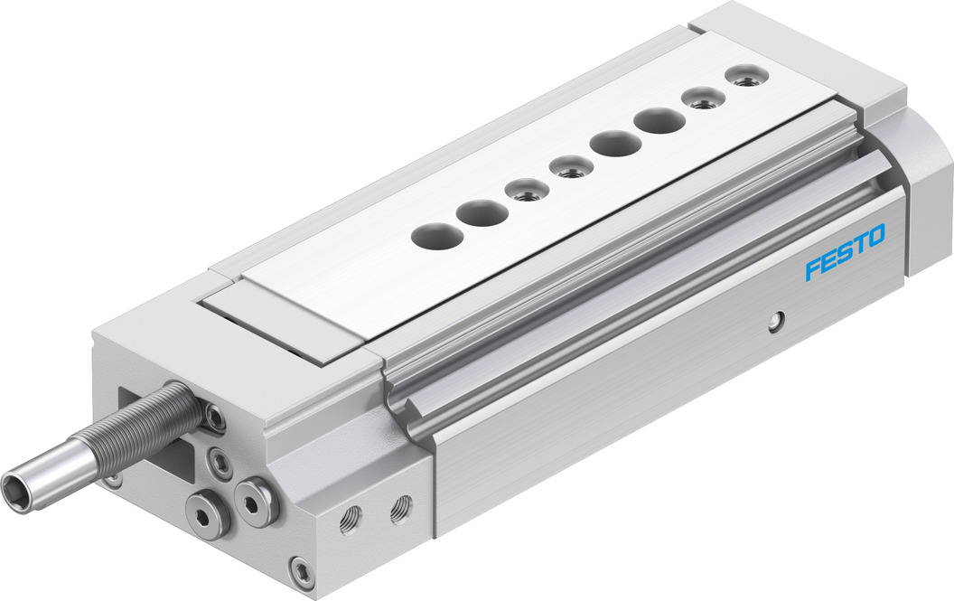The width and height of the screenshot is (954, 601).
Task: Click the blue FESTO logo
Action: (845, 252)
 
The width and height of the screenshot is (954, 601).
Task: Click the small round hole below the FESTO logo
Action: (774, 321)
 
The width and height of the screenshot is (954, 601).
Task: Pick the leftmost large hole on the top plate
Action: (437, 235)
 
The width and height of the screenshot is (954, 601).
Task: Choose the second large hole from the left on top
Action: (482, 212)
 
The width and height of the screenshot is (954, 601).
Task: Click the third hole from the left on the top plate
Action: (527, 190)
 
